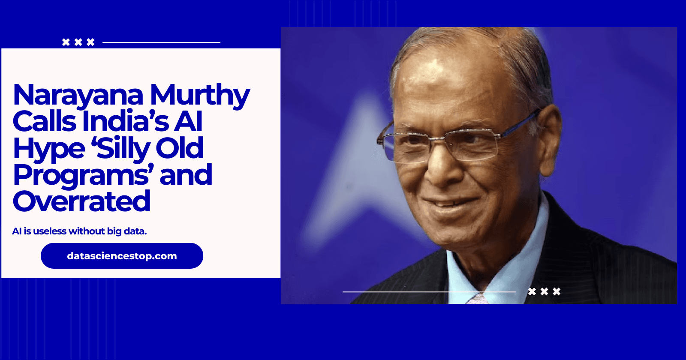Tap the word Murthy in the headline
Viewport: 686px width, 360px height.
200,95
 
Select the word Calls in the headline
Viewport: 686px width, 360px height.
45,122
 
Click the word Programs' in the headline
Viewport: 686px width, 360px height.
84,175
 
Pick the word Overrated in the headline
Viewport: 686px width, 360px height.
81,201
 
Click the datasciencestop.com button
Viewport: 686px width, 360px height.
122,256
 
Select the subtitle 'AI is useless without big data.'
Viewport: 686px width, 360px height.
79,231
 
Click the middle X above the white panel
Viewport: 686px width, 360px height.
78,42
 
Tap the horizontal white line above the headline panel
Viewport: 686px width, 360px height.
161,42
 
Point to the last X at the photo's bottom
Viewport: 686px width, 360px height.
557,291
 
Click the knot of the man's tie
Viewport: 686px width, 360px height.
477,299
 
